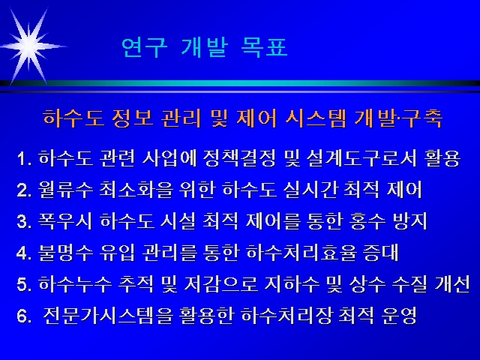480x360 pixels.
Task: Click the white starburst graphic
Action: coord(29,46)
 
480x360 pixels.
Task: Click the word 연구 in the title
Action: coord(145,48)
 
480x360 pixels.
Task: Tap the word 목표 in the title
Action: coord(264,47)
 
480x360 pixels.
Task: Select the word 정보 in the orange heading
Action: coord(132,118)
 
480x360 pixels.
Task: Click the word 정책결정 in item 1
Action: coord(240,158)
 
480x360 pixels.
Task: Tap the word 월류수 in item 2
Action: coord(65,190)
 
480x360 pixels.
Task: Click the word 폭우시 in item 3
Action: coord(65,221)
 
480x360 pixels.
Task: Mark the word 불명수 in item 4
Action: coord(65,253)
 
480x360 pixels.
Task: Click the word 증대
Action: coord(381,253)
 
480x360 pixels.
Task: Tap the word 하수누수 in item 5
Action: coord(75,284)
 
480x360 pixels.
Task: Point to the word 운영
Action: coord(400,316)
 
